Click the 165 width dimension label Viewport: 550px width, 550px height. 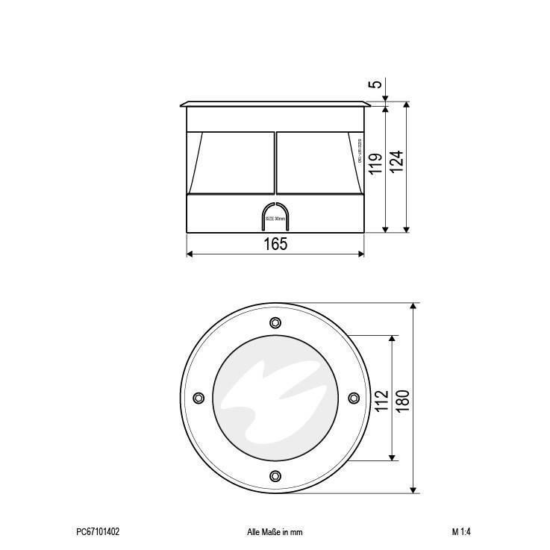(275, 244)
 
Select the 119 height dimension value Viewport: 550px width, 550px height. (376, 163)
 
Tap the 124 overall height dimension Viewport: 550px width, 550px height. (397, 161)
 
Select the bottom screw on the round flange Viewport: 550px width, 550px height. (275, 475)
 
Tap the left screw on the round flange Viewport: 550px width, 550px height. (198, 398)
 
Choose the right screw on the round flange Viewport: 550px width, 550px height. (352, 398)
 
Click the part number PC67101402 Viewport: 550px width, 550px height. (98, 532)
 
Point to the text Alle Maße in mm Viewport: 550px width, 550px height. (275, 532)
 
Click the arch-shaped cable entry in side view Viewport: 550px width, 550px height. (275, 217)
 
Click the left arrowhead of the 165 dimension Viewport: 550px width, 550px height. (189, 254)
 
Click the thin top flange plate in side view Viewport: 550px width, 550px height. (275, 105)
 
